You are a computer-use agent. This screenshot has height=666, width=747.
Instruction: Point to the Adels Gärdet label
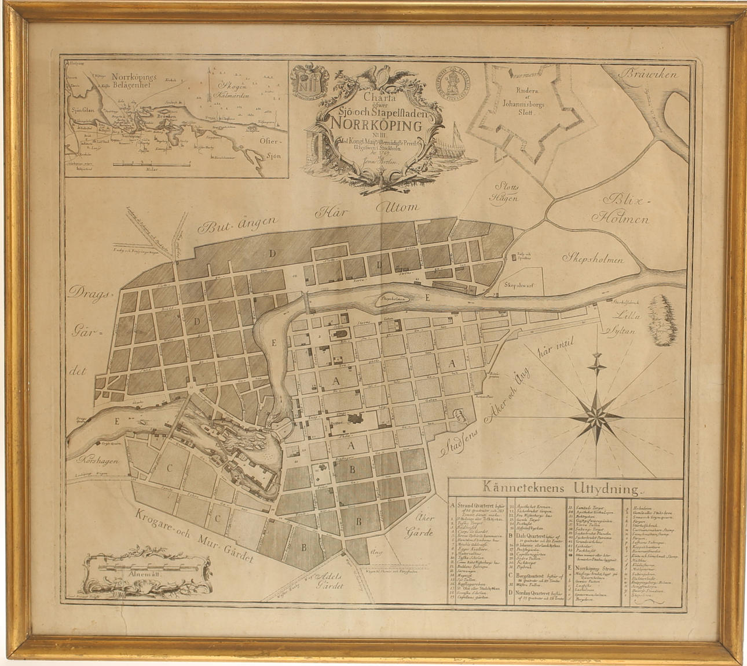(327, 580)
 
